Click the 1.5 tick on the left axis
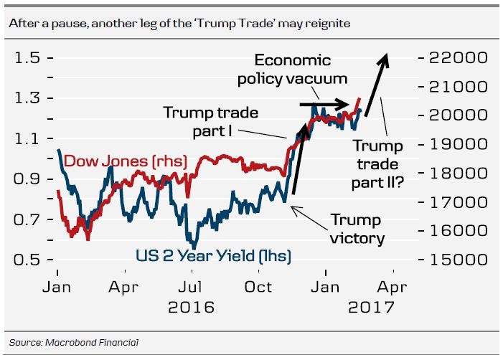tap(27, 57)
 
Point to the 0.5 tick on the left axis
tap(27, 260)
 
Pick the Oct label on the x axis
tap(259, 288)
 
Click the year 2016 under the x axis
tap(191, 308)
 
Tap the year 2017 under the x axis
tap(371, 308)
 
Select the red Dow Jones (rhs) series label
tap(126, 161)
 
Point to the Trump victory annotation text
tap(357, 229)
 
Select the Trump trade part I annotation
tap(210, 122)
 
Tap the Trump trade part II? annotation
tap(377, 164)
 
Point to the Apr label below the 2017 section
tap(392, 288)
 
